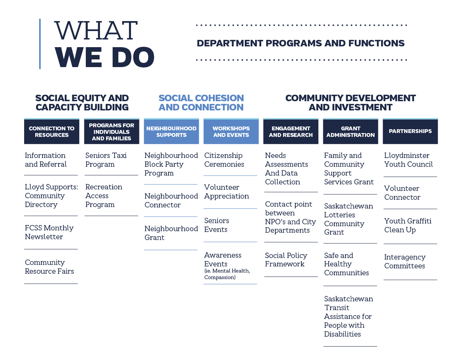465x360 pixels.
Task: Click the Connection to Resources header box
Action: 52,131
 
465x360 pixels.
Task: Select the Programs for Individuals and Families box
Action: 111,131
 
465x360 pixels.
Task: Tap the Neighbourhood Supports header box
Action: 171,131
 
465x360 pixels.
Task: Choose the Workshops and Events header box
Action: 231,131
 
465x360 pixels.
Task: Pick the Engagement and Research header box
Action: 291,131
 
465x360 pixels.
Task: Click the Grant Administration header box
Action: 350,131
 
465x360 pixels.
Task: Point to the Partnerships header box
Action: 410,131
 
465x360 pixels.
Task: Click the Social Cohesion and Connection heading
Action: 201,103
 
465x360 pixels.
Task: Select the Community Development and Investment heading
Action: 350,103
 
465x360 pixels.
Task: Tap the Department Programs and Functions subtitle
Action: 300,43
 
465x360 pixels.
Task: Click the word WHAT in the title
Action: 96,30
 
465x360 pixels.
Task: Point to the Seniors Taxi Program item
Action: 106,160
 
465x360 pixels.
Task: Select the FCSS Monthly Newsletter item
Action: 49,232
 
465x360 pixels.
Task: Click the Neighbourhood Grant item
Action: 171,233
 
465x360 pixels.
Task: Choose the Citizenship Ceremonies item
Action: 224,160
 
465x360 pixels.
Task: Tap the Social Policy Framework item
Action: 286,260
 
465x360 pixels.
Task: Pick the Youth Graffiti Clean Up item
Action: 408,225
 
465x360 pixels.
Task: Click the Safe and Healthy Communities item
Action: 346,264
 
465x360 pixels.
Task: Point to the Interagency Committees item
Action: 404,261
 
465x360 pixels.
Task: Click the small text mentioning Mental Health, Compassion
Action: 227,274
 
